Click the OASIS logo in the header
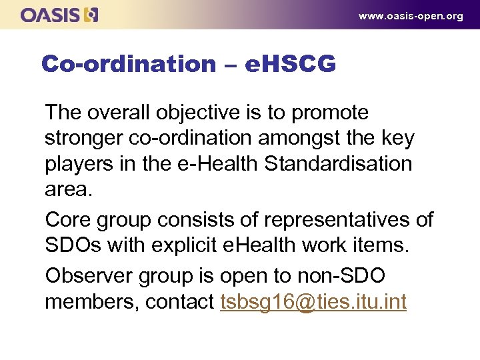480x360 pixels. coord(59,15)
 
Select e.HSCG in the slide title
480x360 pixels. coord(290,65)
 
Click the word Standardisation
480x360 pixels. coord(339,163)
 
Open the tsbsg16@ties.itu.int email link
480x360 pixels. coord(313,301)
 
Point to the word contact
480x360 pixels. coord(179,301)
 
